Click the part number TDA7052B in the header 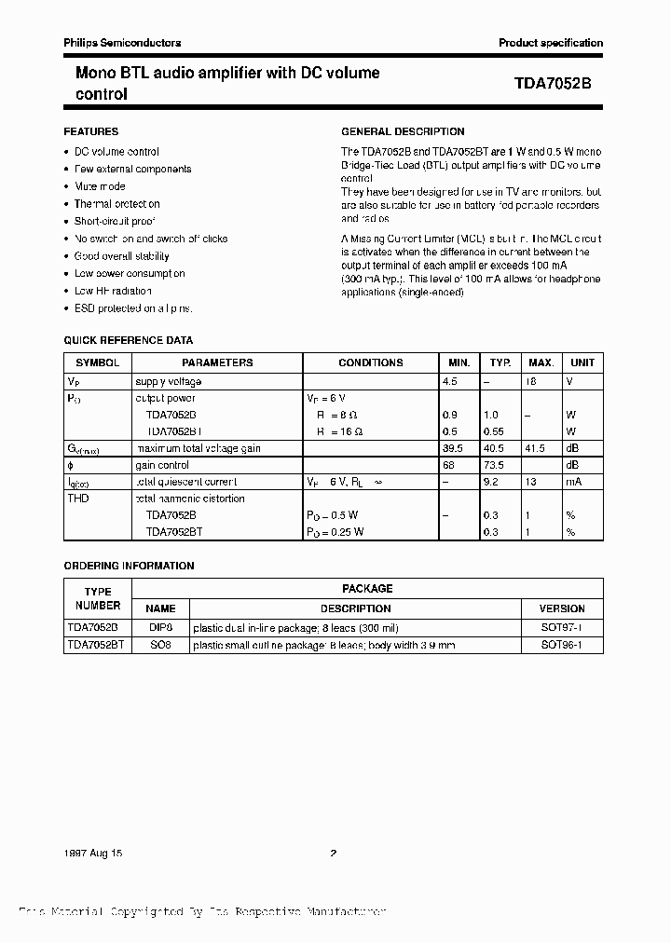[x=552, y=83]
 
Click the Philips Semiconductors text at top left [x=122, y=43]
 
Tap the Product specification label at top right [x=550, y=43]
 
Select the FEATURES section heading [x=90, y=131]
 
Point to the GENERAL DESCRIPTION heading [x=403, y=131]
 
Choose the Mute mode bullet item [x=100, y=186]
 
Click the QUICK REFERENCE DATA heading [x=128, y=340]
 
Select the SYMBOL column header [x=97, y=362]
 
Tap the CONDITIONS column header [x=370, y=362]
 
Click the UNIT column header [x=582, y=362]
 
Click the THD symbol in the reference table [x=79, y=499]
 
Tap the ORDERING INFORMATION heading [x=129, y=566]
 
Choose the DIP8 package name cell [x=160, y=628]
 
